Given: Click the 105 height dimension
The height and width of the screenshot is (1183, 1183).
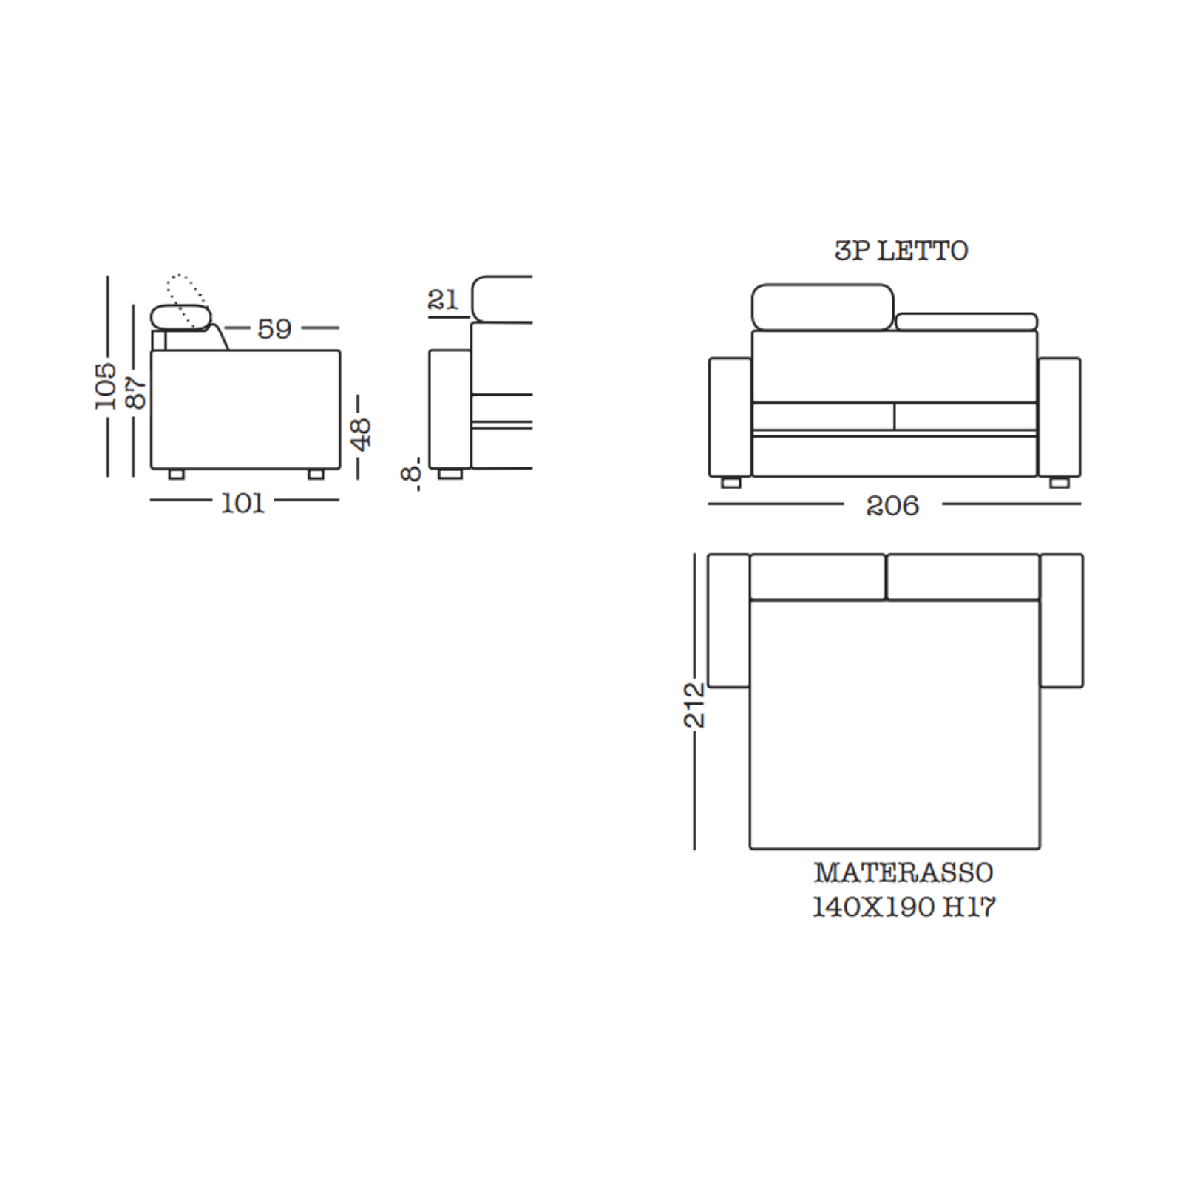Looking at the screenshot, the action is click(x=106, y=385).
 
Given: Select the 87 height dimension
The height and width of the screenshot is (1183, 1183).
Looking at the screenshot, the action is click(x=135, y=393).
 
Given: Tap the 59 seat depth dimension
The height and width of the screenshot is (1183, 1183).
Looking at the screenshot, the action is click(x=274, y=328).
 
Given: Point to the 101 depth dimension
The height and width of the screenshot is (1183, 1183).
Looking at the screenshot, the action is click(x=243, y=504).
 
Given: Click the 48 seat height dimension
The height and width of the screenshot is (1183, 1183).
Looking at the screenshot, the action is click(x=360, y=434).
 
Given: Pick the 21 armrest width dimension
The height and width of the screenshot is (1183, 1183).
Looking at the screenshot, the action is click(x=443, y=299).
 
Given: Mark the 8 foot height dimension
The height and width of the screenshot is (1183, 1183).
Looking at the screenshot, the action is click(x=411, y=473).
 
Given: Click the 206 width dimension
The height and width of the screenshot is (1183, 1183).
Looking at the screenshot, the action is click(x=892, y=506).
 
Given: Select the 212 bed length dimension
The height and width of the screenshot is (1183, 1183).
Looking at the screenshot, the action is click(x=694, y=705).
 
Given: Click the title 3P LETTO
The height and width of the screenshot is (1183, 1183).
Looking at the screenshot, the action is click(x=901, y=251).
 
